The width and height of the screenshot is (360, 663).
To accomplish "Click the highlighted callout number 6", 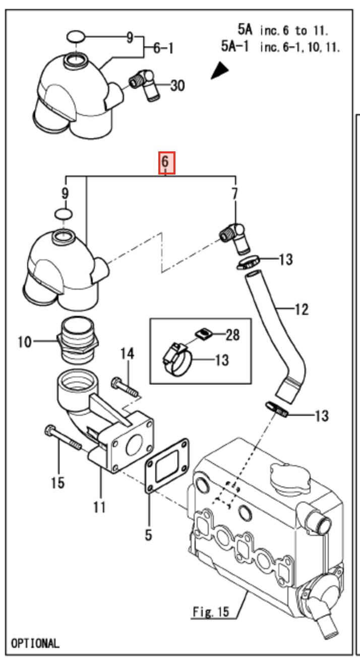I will [167, 163].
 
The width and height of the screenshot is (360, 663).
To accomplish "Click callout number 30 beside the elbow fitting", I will [176, 86].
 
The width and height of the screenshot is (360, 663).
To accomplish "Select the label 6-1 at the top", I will [163, 48].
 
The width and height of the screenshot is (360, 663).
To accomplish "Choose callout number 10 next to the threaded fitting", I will [24, 342].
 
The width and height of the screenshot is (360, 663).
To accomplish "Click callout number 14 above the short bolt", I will [127, 354].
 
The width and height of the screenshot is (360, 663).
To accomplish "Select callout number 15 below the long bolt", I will [57, 483].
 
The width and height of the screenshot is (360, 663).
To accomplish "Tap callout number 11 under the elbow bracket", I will [99, 507].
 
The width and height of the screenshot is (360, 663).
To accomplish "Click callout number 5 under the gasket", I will [148, 534].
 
